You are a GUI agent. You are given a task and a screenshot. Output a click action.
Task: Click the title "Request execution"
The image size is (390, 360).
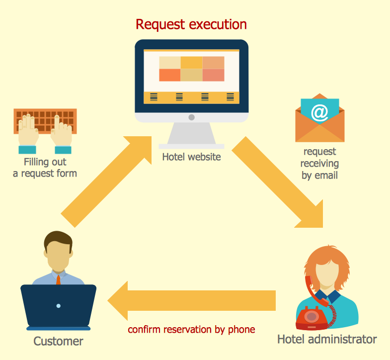tap(191, 24)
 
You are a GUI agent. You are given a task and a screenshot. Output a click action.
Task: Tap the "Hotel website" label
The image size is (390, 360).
tap(191, 157)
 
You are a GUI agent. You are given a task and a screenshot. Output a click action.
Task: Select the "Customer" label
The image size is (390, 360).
tap(58, 341)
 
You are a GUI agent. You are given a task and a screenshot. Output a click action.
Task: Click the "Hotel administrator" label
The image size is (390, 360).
tap(326, 340)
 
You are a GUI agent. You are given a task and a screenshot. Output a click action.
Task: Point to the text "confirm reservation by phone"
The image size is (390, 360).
tap(191, 329)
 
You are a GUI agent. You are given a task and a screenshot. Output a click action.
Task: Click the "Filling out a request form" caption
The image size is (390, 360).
tap(45, 168)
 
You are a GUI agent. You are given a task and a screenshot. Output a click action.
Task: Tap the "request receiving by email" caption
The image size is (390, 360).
tap(319, 163)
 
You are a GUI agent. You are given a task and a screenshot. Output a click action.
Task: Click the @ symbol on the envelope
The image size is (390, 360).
tap(319, 112)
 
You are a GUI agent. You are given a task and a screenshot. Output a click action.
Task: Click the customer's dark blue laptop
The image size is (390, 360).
tap(58, 306)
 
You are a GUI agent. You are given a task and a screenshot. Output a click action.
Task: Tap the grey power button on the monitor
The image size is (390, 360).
tap(191, 117)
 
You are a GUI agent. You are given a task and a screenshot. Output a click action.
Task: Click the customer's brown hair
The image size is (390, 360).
tap(58, 241)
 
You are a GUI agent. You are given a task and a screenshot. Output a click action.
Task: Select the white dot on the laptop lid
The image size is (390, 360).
tap(58, 305)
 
